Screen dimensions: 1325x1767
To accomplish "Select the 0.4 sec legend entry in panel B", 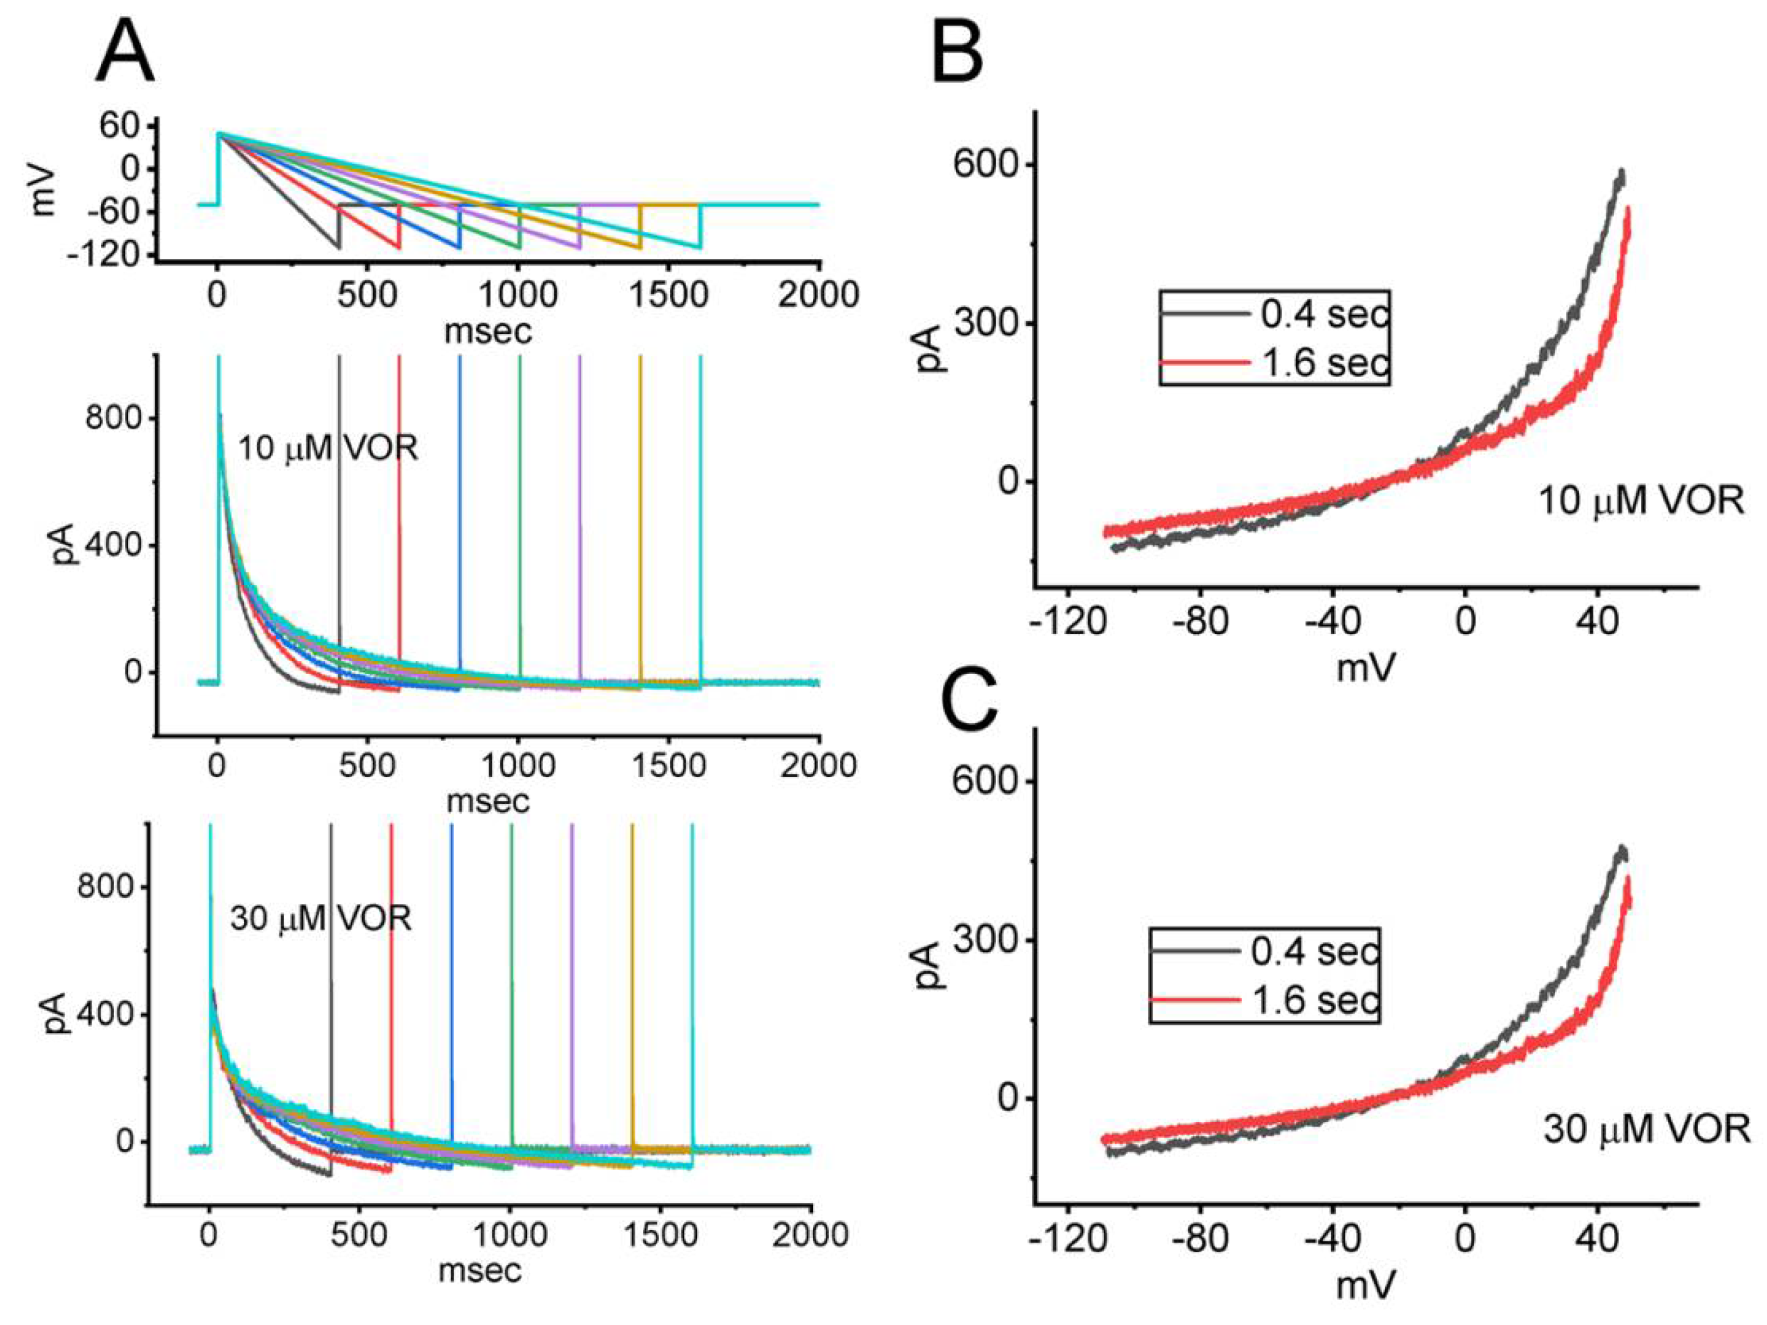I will click(x=1324, y=314).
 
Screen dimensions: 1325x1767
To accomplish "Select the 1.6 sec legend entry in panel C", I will click(x=1314, y=1000).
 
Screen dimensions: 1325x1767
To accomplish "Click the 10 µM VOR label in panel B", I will click(x=1640, y=501).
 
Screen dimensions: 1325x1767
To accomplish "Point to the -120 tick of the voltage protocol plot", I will click(x=109, y=255).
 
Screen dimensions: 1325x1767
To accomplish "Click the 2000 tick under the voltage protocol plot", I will click(x=818, y=295).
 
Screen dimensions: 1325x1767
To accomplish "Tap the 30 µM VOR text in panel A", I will click(x=320, y=918).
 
